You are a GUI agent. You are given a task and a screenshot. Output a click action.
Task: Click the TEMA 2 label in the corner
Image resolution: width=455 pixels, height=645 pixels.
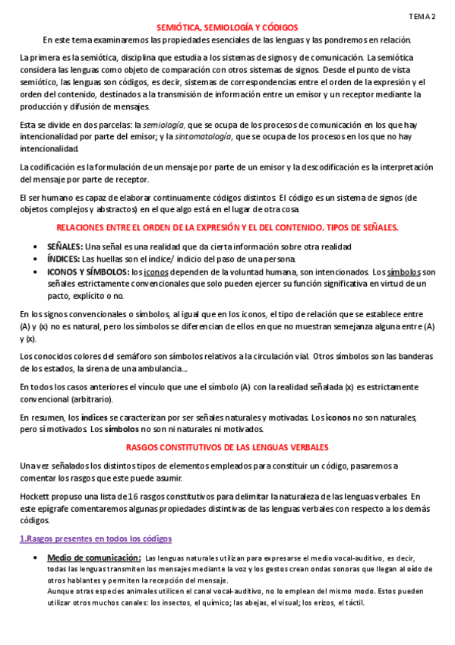(422, 15)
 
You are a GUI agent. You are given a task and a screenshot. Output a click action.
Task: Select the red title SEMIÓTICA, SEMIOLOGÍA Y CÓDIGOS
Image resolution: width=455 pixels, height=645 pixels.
(228, 27)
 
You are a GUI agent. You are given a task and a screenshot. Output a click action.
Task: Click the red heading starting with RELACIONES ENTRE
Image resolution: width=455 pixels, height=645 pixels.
(228, 227)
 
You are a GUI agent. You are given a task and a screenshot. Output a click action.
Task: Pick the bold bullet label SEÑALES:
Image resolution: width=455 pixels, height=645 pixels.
(65, 246)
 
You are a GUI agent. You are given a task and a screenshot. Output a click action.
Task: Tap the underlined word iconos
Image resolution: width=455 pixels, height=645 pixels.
(156, 271)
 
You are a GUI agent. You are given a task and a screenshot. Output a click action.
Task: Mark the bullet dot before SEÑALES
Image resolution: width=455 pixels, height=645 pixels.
(38, 246)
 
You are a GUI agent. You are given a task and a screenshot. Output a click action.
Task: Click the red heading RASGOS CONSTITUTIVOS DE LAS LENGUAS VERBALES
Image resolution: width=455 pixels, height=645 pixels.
(228, 447)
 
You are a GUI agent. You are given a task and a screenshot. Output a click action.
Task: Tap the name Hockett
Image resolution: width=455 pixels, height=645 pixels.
(35, 497)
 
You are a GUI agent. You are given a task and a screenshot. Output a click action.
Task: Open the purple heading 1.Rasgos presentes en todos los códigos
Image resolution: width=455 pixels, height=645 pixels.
(96, 539)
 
